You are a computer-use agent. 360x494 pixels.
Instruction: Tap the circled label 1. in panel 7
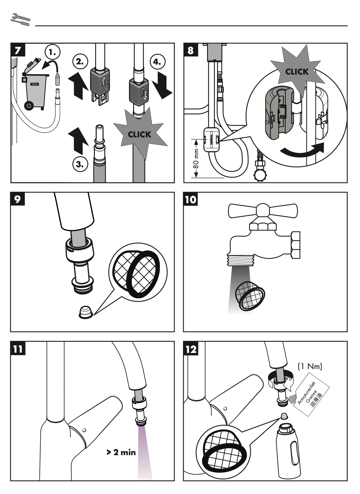coord(53,53)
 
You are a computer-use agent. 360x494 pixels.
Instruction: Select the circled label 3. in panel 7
coord(80,164)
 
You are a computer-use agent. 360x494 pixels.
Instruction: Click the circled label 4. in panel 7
coord(157,61)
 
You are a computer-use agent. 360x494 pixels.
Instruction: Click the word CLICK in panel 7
coord(140,135)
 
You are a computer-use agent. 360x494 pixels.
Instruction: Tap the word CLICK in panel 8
coord(297,72)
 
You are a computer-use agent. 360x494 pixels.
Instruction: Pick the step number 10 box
coord(191,199)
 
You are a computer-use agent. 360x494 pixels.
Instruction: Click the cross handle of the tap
coord(263,211)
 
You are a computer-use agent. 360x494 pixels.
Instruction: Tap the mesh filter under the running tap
coord(250,295)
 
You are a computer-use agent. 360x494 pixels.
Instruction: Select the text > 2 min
coord(121,452)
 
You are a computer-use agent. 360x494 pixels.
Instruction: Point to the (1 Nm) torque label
coord(310,367)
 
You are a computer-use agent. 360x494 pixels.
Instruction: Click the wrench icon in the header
coord(20,19)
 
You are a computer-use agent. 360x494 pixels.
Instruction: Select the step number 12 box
coord(191,349)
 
